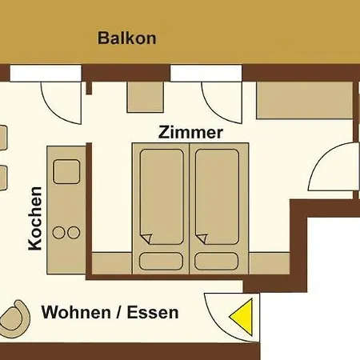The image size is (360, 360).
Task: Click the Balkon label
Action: (127, 38)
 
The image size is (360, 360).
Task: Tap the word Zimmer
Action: (190, 133)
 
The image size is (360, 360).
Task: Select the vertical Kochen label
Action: (35, 218)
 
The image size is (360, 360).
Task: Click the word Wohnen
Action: (76, 312)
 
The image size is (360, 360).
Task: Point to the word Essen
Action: (153, 312)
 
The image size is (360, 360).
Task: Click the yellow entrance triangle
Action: (241, 317)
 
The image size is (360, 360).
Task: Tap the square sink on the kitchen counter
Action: (66, 172)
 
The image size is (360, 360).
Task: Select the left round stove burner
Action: (58, 233)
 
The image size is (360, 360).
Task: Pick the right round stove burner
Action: (74, 233)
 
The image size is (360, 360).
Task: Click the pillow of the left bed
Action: (161, 262)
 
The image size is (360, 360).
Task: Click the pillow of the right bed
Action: (216, 262)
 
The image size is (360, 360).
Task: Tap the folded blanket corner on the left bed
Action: (146, 238)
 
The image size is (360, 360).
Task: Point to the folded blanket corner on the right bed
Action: (202, 238)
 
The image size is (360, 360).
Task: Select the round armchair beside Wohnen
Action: (17, 318)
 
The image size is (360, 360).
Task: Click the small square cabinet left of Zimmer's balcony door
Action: (145, 97)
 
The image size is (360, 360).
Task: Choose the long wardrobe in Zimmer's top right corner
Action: (305, 100)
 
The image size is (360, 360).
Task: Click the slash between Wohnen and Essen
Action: (119, 312)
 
